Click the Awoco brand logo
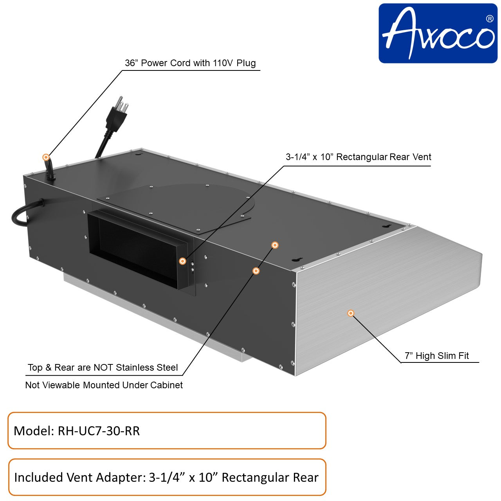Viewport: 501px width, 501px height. point(438,33)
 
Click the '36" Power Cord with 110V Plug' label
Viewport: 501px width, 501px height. point(190,63)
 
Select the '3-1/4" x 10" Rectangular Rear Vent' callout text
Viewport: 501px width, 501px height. point(358,157)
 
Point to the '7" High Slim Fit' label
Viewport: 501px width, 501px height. point(436,356)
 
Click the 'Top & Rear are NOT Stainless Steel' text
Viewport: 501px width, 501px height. point(103,368)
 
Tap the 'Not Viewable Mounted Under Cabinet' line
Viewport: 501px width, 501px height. point(104,385)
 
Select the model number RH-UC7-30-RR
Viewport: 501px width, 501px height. point(99,431)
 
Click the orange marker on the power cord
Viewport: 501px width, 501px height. point(46,157)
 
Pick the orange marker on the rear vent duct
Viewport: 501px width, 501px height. point(182,261)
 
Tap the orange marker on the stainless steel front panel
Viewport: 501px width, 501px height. point(351,313)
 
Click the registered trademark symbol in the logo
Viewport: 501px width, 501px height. point(489,18)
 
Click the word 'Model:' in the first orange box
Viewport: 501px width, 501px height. point(34,431)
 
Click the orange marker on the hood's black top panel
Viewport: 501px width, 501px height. point(275,245)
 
